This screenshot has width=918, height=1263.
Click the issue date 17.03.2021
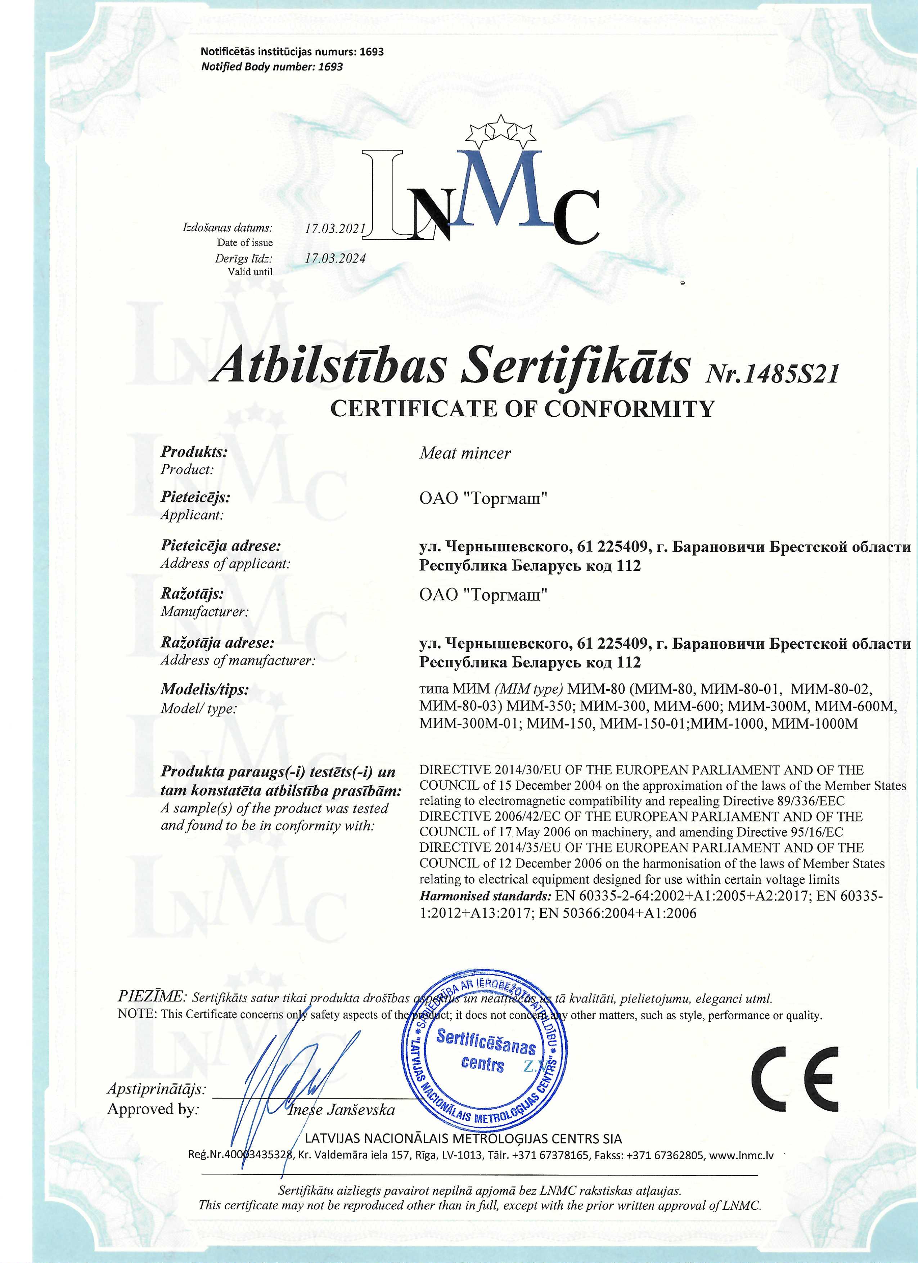(x=335, y=228)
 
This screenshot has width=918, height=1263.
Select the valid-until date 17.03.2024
(x=335, y=258)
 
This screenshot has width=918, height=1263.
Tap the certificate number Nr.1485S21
(x=771, y=374)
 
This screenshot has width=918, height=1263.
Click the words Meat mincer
(x=465, y=453)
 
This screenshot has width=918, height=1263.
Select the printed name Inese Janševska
(x=341, y=1110)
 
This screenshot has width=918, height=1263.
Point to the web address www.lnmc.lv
(x=742, y=1154)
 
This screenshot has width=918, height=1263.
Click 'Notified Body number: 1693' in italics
(x=272, y=67)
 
